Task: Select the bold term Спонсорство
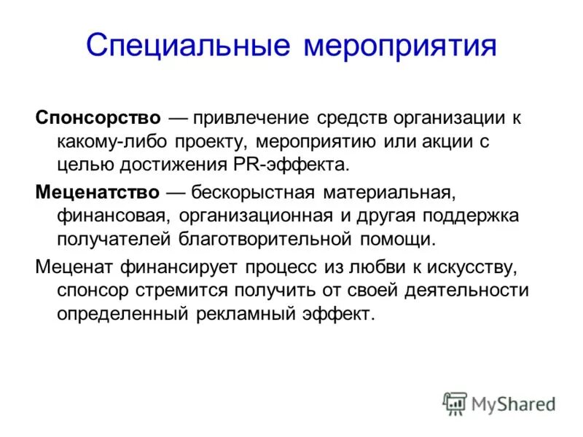98,117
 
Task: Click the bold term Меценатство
98,193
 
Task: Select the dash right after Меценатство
176,193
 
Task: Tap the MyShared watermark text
513,403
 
